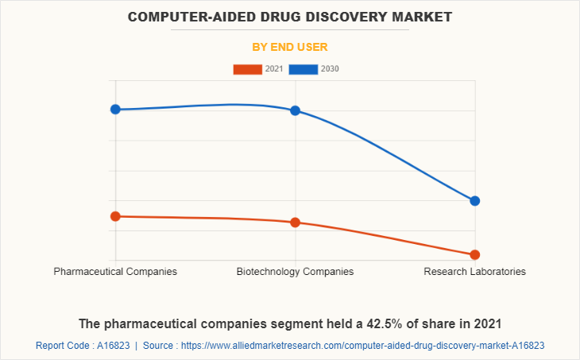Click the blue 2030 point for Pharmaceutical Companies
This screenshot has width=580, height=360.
coord(115,109)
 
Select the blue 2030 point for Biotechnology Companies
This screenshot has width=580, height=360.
coord(295,110)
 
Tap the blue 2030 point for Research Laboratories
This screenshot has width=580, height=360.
coord(475,201)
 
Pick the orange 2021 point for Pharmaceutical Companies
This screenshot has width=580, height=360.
coord(115,216)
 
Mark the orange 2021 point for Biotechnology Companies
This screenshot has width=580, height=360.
coord(295,223)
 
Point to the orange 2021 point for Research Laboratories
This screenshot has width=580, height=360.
coord(475,255)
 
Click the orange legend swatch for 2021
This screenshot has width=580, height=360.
coord(247,69)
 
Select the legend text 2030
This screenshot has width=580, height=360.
coord(330,69)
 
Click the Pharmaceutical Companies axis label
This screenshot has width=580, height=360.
coord(115,272)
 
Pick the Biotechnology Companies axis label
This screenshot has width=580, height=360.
coord(295,272)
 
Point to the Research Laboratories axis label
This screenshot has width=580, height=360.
coord(474,272)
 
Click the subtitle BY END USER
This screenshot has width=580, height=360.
coord(290,47)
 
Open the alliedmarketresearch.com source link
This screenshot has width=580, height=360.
coord(363,346)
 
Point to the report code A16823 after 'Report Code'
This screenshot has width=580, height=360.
coord(113,346)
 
